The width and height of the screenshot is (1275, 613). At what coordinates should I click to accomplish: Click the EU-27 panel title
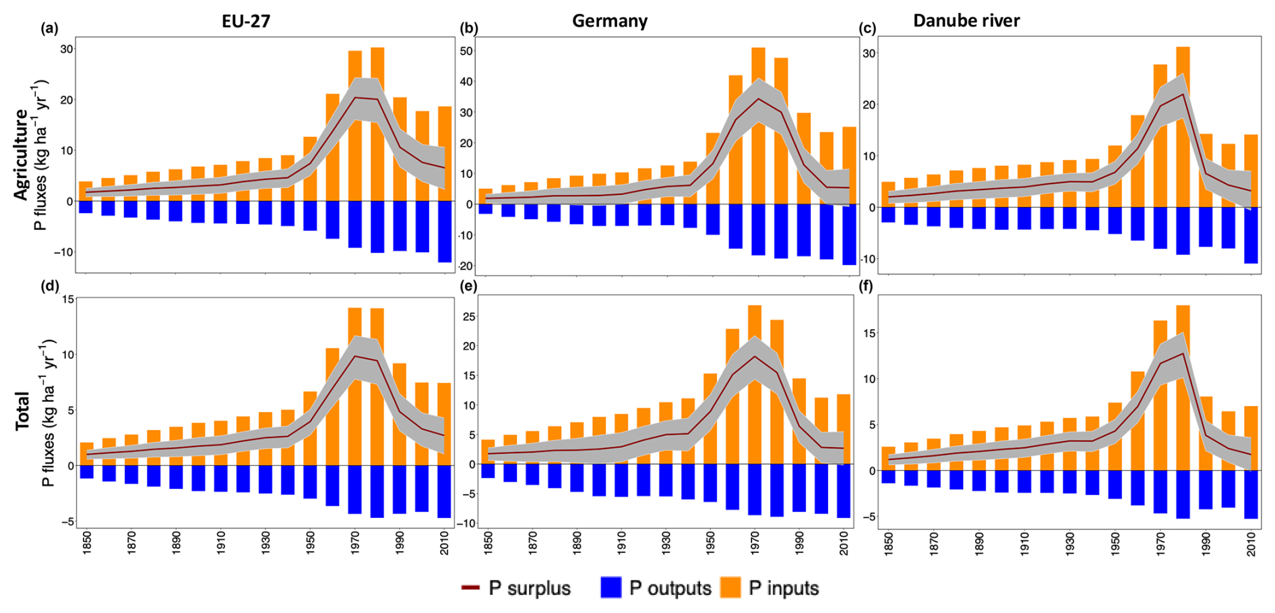coord(246,22)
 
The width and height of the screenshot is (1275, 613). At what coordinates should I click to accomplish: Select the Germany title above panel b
coord(610,22)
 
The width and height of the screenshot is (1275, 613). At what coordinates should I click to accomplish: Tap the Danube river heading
coord(966,21)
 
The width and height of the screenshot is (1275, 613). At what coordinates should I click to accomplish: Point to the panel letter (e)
coord(468,286)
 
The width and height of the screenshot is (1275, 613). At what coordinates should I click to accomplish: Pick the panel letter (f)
coord(867,286)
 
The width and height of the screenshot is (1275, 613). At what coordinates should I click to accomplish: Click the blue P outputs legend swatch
coord(611,588)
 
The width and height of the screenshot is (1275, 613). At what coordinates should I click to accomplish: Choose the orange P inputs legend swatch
coord(730,588)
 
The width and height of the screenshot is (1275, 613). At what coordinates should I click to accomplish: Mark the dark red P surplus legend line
coord(470,588)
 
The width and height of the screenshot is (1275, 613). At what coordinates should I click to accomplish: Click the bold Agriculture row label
coord(22,154)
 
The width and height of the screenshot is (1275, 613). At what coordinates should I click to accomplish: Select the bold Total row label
coord(22,411)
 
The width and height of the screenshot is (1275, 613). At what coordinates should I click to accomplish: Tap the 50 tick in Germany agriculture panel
coord(466,51)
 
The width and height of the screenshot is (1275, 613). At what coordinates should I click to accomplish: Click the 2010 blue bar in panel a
coord(445,231)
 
